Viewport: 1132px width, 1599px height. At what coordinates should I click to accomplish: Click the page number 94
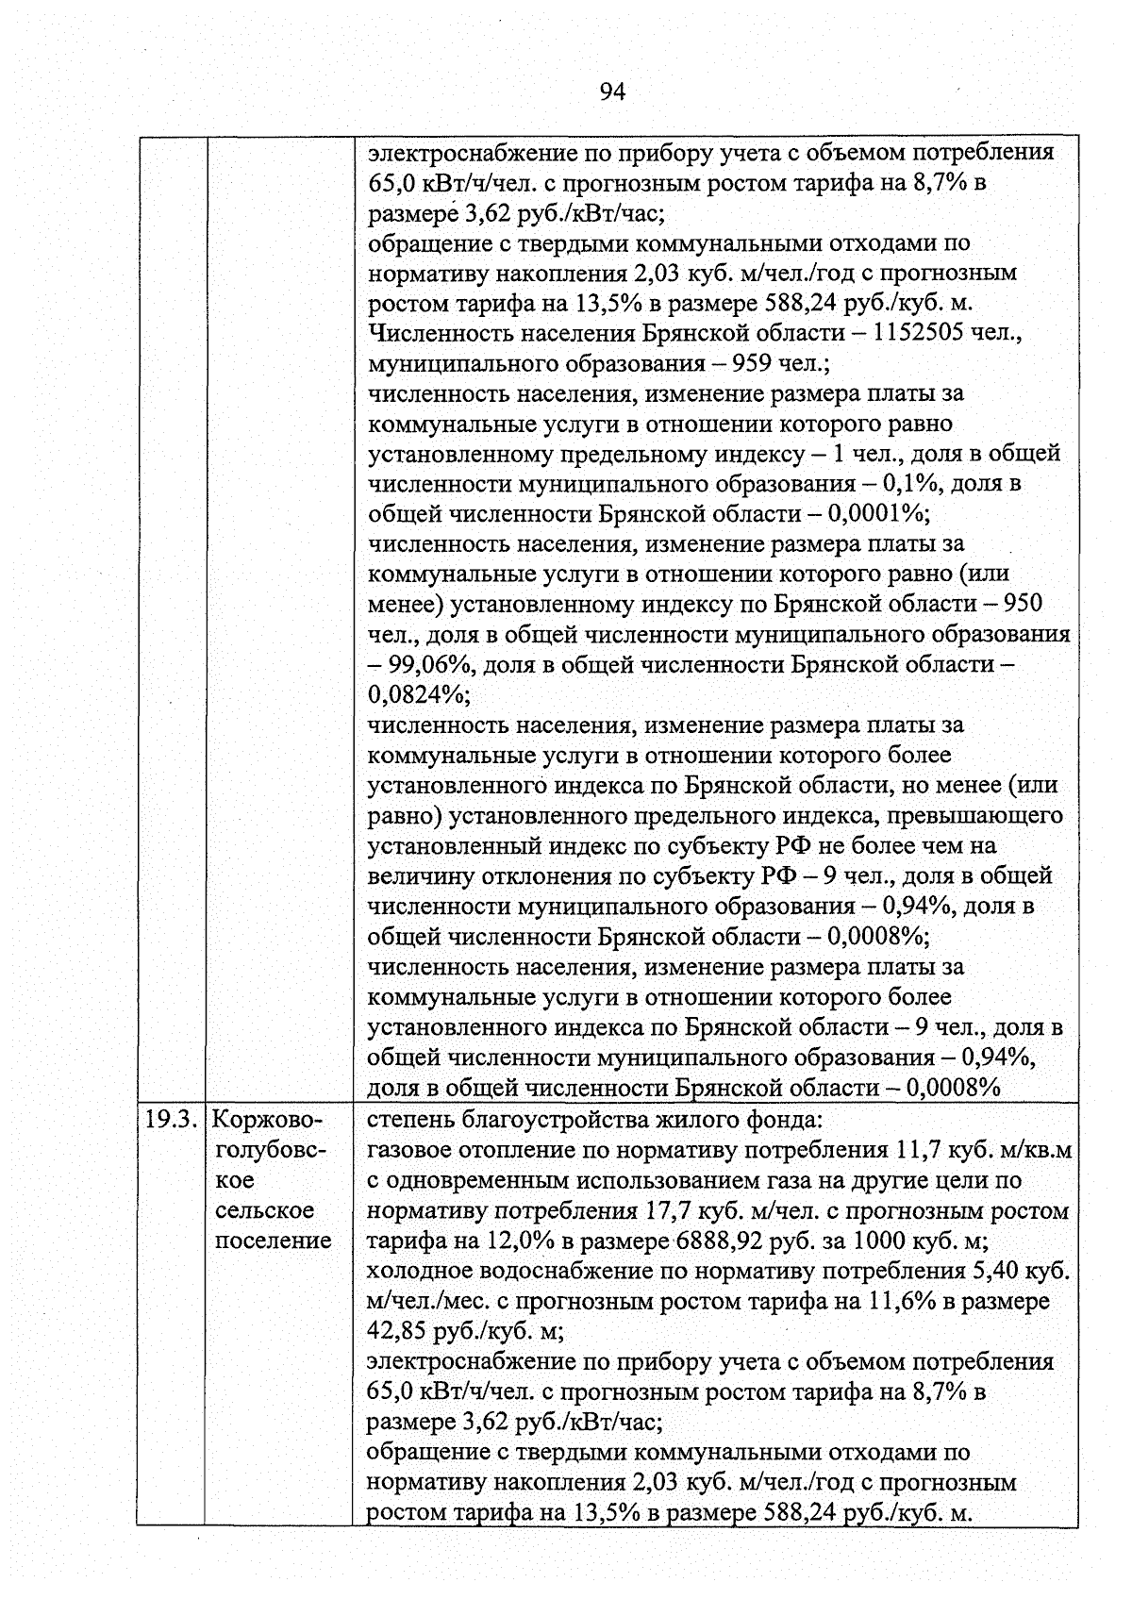tap(612, 92)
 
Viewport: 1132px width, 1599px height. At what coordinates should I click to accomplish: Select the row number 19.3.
tap(170, 1120)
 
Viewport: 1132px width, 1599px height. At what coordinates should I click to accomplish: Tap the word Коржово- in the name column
tap(268, 1120)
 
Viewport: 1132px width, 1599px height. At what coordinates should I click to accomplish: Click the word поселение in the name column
tap(274, 1241)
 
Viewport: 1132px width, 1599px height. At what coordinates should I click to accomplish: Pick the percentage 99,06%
tap(427, 665)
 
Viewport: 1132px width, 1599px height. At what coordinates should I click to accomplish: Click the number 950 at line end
tap(1024, 604)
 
